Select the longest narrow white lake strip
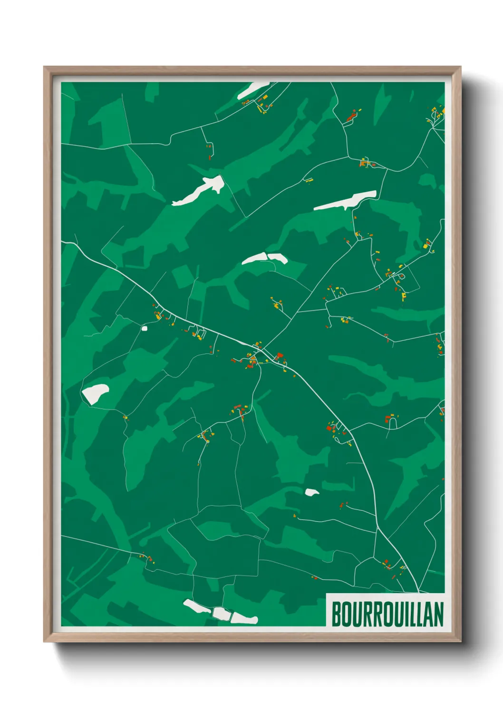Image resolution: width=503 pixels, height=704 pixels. point(345,201)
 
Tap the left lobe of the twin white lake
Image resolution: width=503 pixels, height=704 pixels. point(254,259)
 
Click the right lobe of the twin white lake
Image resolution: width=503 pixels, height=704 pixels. point(278,258)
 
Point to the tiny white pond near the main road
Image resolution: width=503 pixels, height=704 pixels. point(145,328)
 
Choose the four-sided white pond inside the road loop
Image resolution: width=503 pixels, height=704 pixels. point(95,394)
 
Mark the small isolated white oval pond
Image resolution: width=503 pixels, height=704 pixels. point(312,492)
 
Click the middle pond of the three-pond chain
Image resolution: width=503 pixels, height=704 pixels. point(221,613)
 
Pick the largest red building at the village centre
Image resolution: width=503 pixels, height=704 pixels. point(280,355)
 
